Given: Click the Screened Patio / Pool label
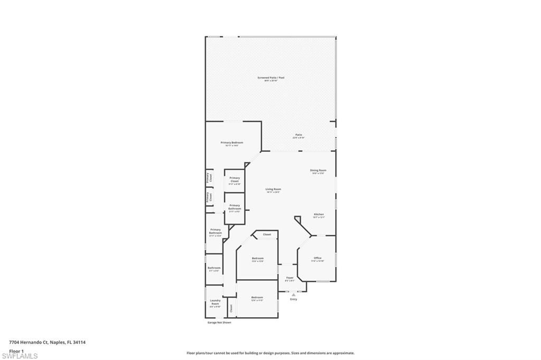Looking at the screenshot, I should (x=270, y=78).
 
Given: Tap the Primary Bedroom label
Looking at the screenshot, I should (x=231, y=143).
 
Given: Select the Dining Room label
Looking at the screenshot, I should (x=318, y=170).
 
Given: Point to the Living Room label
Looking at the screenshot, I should (x=273, y=190).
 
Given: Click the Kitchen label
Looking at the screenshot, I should (x=318, y=214).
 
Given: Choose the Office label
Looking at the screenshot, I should (x=318, y=258).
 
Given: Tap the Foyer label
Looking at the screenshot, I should (x=290, y=278).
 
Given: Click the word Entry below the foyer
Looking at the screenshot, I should (x=293, y=299).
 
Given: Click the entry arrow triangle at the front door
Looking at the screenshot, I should (x=293, y=295).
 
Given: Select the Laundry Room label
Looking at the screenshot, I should (x=215, y=302).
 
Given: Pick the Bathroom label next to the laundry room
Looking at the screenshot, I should (x=214, y=268).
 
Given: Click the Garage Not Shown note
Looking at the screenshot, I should (x=219, y=323).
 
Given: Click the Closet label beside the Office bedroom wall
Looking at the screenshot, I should (x=267, y=234).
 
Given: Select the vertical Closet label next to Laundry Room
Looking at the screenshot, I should (x=230, y=307).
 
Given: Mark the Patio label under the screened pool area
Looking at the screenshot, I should (x=299, y=135).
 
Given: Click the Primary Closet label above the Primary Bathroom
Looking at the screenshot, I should (x=235, y=179).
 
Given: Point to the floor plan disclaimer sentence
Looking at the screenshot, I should (x=270, y=353).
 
